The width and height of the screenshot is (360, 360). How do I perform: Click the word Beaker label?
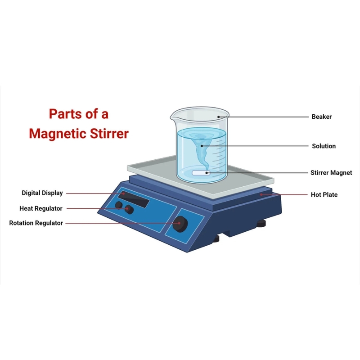[x=321, y=117]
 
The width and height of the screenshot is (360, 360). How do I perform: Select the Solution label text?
[x=324, y=146]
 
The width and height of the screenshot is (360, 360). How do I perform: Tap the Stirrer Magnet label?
[x=331, y=173]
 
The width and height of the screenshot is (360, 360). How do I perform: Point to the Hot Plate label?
[x=324, y=195]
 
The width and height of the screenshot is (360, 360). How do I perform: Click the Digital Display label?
[x=42, y=193]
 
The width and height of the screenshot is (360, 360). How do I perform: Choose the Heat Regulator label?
[x=41, y=208]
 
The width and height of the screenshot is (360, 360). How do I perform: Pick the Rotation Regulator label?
[x=36, y=223]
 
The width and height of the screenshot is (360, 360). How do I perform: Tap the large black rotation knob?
[x=181, y=222]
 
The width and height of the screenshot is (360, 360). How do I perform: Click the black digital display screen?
[x=134, y=198]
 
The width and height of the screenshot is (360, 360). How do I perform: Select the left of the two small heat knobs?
[x=119, y=205]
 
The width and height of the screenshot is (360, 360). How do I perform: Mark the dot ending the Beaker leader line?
[x=218, y=117]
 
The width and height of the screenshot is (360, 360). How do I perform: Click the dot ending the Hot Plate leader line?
[x=261, y=195]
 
